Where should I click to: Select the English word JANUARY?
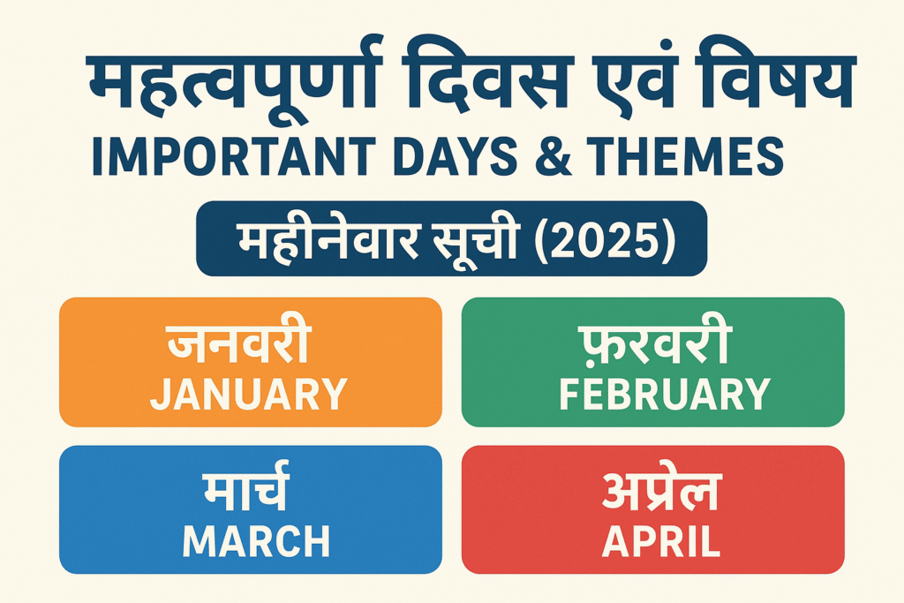click(x=248, y=395)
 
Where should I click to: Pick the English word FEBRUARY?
click(x=665, y=395)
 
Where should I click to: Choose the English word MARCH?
click(x=256, y=541)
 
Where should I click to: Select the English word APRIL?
click(x=661, y=541)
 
